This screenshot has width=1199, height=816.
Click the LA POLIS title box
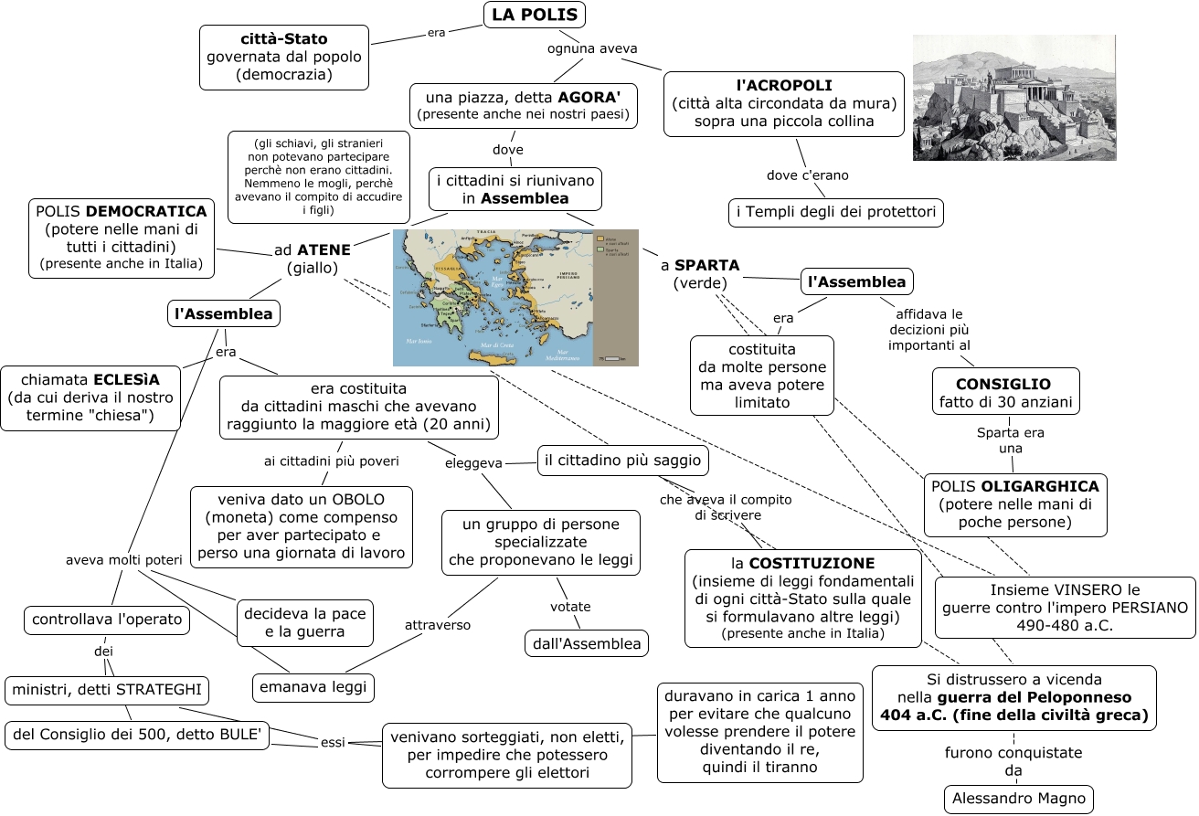(x=534, y=15)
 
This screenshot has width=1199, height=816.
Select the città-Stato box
(x=284, y=57)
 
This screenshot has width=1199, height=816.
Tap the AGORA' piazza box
(x=524, y=106)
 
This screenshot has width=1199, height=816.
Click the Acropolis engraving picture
(x=1013, y=98)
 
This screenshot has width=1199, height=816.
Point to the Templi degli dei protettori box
(x=835, y=213)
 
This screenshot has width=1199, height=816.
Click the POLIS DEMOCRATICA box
(x=122, y=238)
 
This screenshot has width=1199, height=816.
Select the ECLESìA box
(x=90, y=397)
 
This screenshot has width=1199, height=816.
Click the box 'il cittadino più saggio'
(x=623, y=461)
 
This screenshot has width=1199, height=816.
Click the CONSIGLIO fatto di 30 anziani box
(x=1005, y=393)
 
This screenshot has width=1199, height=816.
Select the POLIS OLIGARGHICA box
(x=1014, y=503)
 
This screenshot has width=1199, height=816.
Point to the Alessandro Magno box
(x=1018, y=799)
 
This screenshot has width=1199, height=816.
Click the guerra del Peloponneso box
(x=1013, y=697)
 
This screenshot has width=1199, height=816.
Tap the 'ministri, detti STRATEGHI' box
(x=107, y=691)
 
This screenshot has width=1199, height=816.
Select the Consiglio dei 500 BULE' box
(x=138, y=735)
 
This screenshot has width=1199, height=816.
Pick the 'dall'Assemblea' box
(x=587, y=643)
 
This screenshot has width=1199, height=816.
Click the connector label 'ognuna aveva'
(x=592, y=48)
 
